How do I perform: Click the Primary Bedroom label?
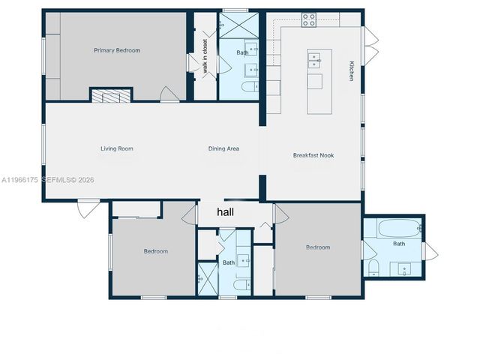click(x=116, y=50)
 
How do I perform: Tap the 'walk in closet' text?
click(x=205, y=57)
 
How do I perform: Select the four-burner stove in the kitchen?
click(x=309, y=20)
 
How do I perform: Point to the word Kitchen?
click(x=350, y=70)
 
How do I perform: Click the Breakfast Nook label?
click(x=313, y=155)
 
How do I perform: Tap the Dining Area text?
click(x=223, y=148)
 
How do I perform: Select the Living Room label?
click(x=116, y=148)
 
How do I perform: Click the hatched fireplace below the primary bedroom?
click(x=111, y=95)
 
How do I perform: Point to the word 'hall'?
click(x=225, y=213)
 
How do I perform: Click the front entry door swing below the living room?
click(x=87, y=208)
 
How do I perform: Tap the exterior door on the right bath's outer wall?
click(x=430, y=251)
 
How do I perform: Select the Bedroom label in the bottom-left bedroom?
click(x=155, y=251)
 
